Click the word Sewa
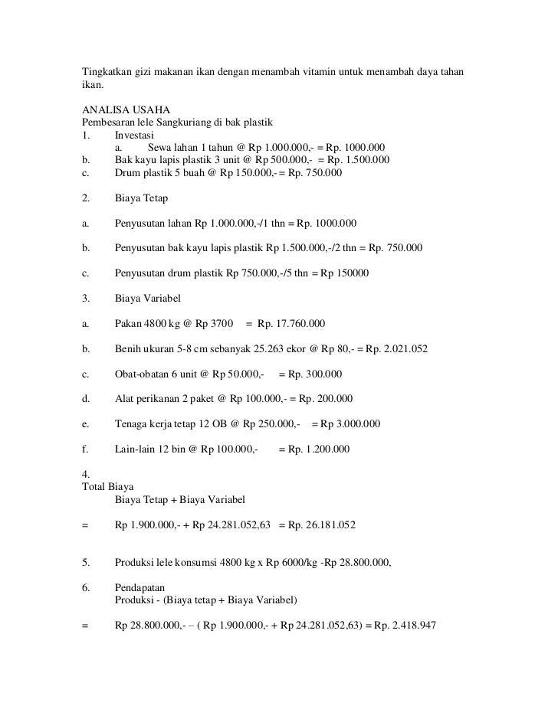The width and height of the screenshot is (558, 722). click(x=160, y=147)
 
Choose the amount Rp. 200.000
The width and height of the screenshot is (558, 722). click(x=326, y=399)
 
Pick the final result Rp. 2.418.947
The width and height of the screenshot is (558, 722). click(x=405, y=626)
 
